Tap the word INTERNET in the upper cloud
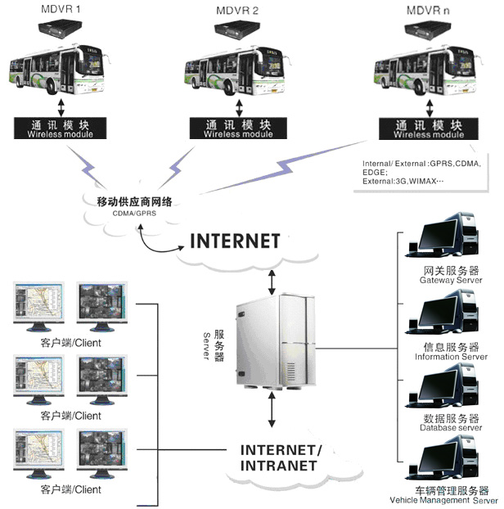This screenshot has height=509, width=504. [235, 241]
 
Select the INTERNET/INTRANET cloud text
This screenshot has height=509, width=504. [281, 457]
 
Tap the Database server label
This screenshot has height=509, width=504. [450, 427]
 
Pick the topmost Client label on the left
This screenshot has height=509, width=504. [70, 343]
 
